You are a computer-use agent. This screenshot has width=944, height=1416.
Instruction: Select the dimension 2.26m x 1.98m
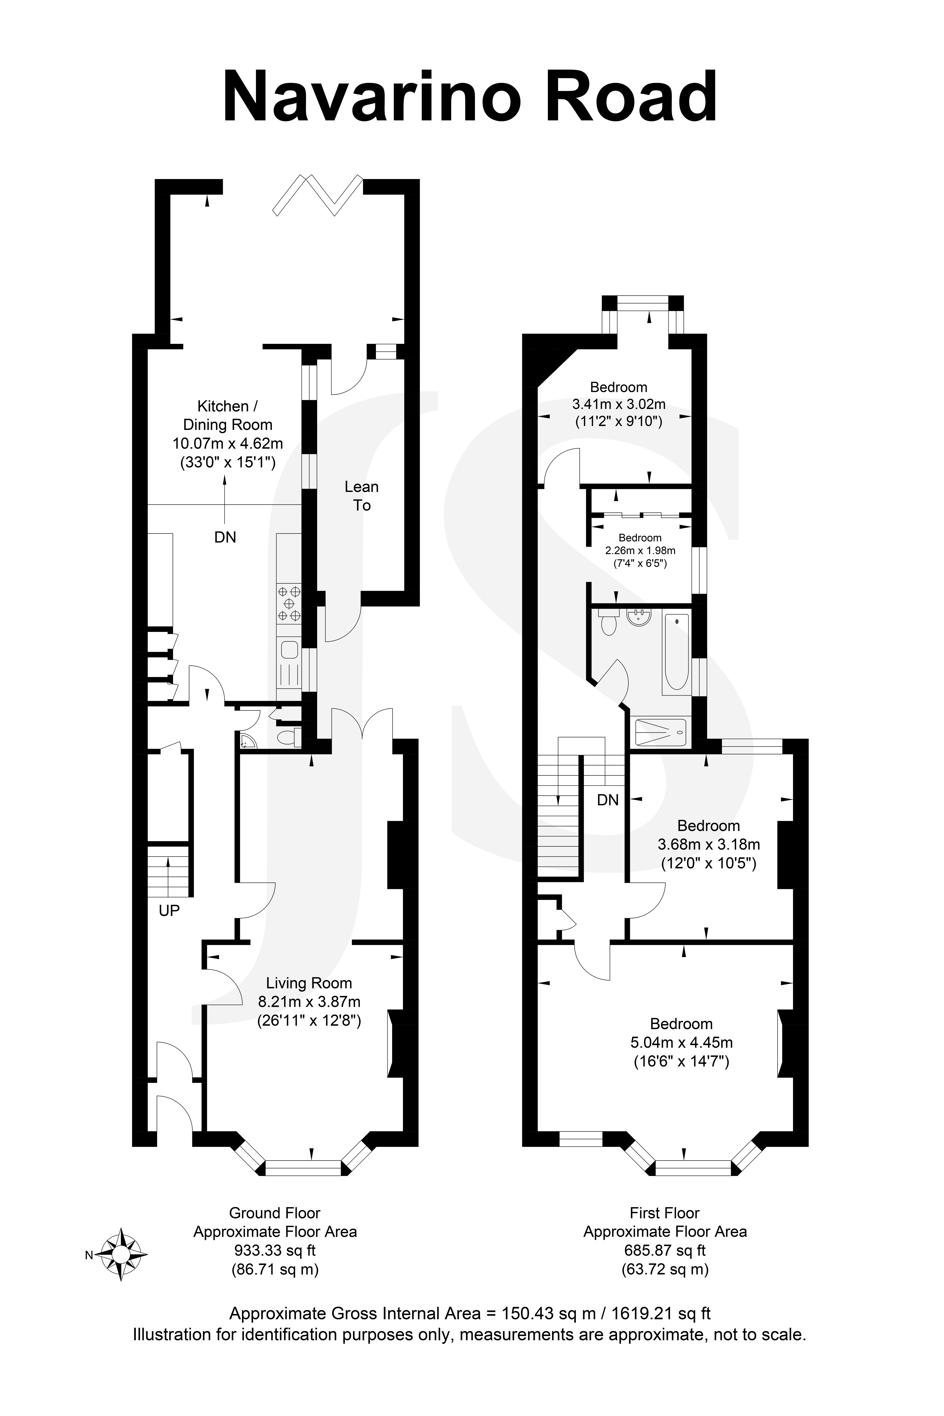click(640, 550)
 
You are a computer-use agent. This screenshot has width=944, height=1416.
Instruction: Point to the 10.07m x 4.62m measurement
click(228, 444)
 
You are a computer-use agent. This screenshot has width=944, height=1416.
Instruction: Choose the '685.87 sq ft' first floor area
click(665, 1250)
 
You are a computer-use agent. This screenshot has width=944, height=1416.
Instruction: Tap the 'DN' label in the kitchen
click(225, 537)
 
